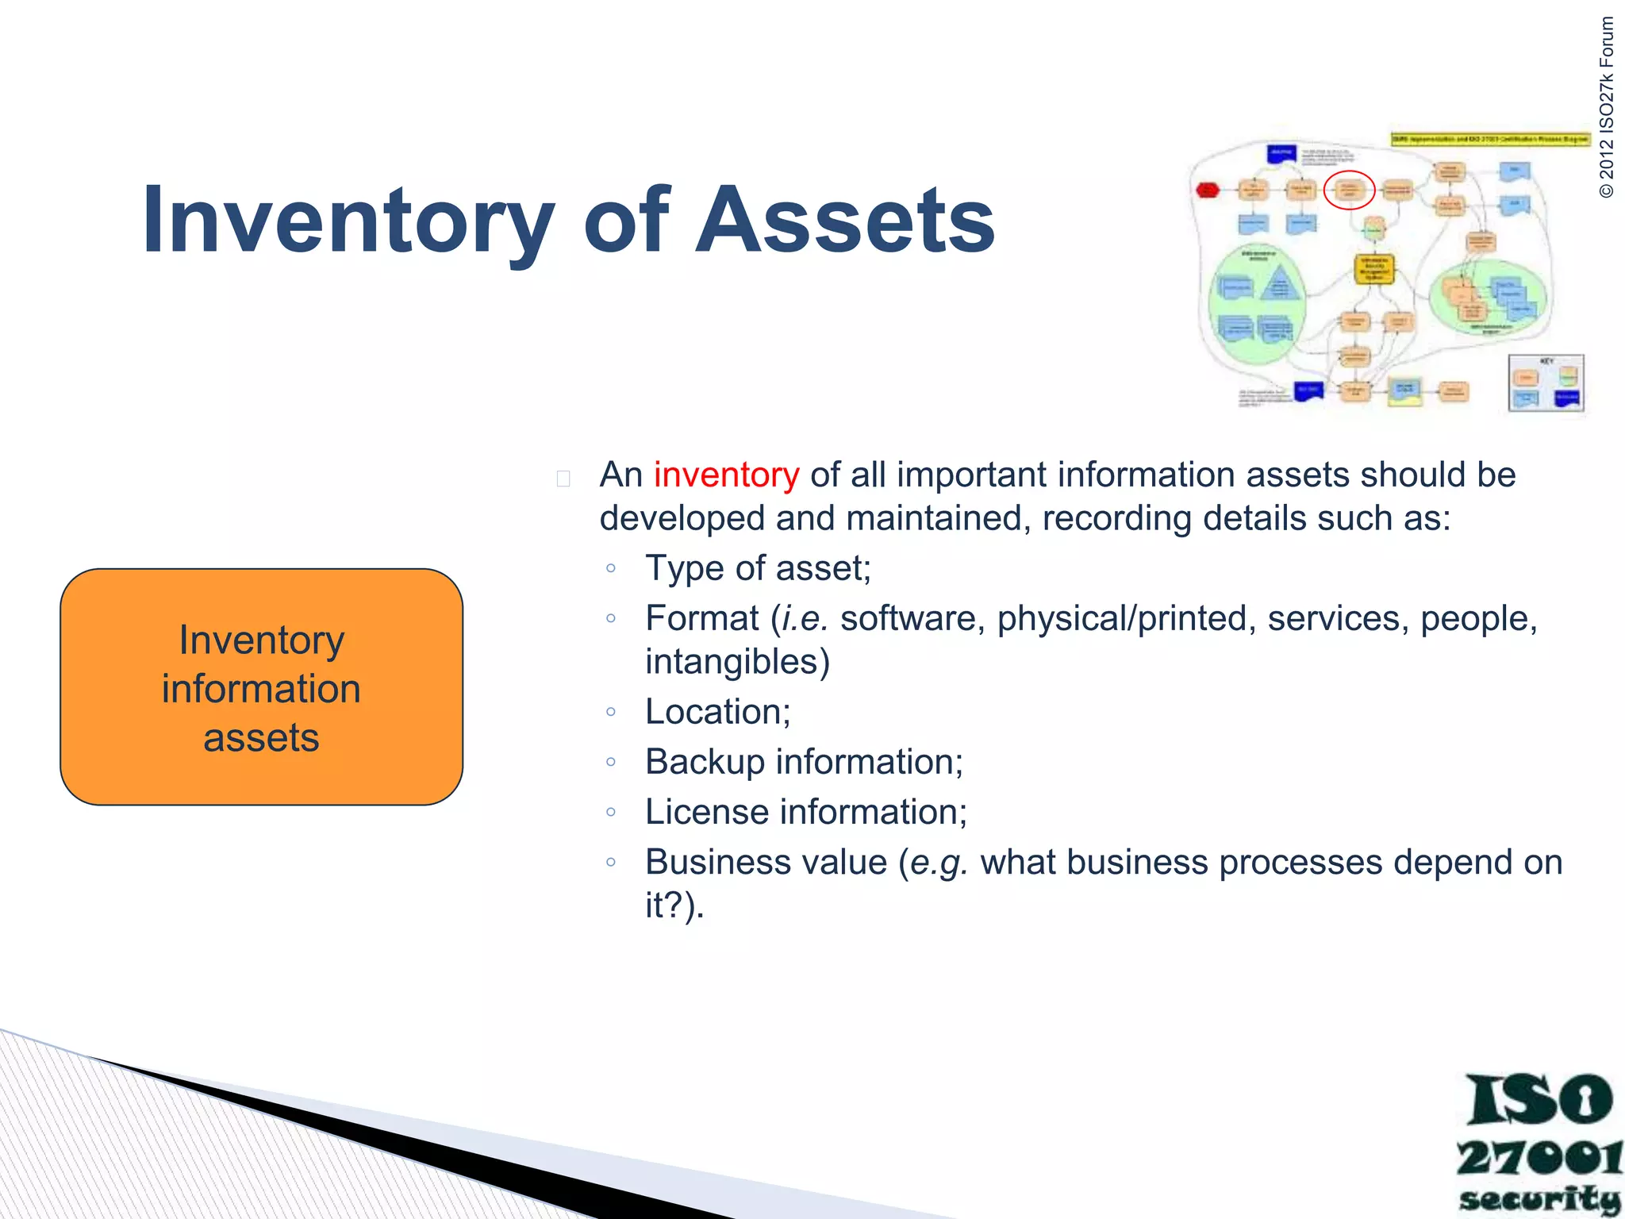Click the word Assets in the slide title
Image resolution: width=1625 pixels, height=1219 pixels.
(844, 220)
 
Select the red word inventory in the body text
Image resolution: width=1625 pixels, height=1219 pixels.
(726, 475)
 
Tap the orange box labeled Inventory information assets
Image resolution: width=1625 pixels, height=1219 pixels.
(261, 687)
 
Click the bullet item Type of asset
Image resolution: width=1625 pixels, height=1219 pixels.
(758, 568)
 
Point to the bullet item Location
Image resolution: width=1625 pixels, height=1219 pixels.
(717, 712)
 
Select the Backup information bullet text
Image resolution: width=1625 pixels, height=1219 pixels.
(804, 762)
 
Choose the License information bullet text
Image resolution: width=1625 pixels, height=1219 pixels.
(806, 812)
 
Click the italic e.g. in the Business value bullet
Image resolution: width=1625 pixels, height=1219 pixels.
(939, 863)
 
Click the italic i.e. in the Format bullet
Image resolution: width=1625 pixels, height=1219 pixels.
(805, 619)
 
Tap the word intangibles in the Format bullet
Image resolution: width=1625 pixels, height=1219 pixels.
(736, 662)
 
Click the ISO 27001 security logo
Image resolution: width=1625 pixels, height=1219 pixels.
(1538, 1143)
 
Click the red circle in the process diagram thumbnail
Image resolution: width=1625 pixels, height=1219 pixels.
(1349, 190)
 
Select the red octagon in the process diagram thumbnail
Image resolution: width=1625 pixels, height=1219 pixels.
(1207, 190)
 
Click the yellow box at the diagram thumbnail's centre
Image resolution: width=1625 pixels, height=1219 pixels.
(1373, 268)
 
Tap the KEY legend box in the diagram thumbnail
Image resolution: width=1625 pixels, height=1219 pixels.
(1546, 383)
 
